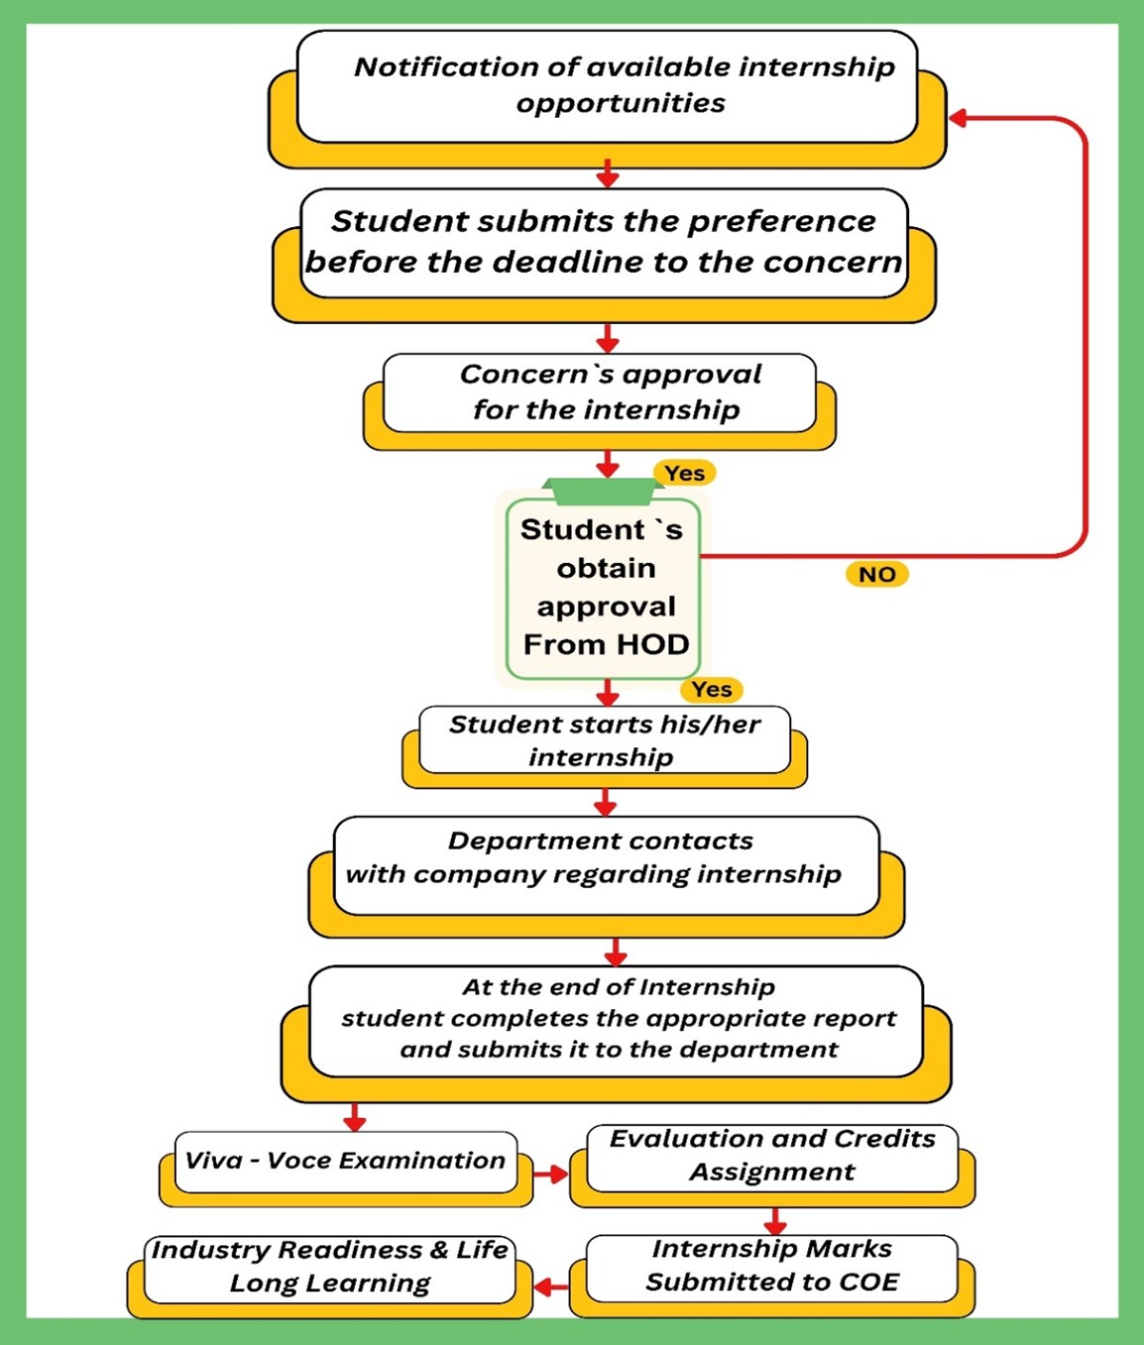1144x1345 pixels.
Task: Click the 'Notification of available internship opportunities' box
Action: click(607, 86)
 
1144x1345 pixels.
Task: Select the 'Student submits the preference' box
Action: click(604, 243)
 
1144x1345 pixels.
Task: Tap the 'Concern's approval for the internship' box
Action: click(600, 392)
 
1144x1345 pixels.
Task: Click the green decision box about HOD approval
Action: click(604, 588)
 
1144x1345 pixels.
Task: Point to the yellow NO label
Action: click(876, 574)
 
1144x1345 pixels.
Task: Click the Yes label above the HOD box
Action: click(684, 473)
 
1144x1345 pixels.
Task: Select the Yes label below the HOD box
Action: click(711, 689)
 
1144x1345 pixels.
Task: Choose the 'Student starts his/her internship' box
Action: click(604, 740)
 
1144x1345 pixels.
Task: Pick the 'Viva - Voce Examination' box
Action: click(345, 1162)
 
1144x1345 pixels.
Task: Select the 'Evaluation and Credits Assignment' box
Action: click(771, 1157)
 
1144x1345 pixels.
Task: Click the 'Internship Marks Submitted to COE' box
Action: click(771, 1267)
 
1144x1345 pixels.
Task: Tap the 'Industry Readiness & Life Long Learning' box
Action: click(329, 1268)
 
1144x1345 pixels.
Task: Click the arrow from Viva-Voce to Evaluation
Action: click(550, 1174)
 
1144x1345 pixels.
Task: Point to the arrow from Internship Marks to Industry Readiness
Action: click(550, 1287)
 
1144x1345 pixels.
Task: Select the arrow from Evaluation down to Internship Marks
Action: click(775, 1219)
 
